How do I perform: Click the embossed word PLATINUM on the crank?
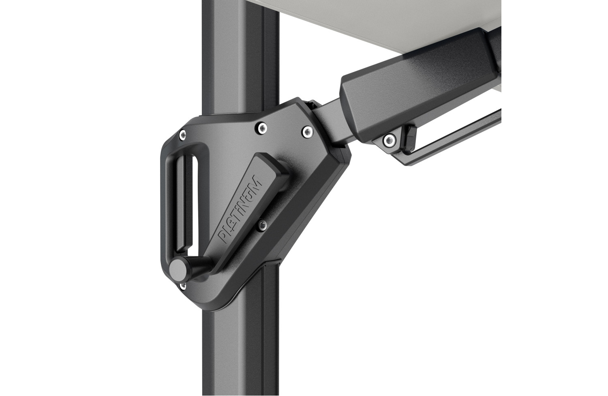pyautogui.click(x=240, y=209)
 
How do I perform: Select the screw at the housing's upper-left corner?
pyautogui.click(x=183, y=134)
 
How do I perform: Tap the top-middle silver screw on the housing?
pyautogui.click(x=262, y=127)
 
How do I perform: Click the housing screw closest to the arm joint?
pyautogui.click(x=307, y=131)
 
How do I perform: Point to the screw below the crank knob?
pyautogui.click(x=183, y=286)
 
